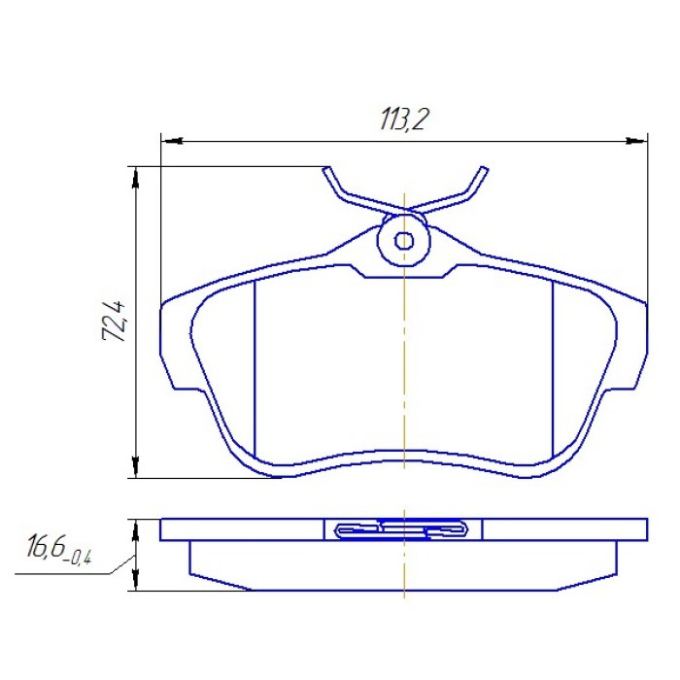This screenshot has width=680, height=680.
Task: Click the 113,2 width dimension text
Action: pyautogui.click(x=404, y=119)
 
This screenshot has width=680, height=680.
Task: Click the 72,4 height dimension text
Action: pyautogui.click(x=115, y=321)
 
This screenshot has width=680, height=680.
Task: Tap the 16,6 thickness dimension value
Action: pyautogui.click(x=46, y=546)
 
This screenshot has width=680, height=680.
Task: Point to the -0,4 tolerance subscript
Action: pyautogui.click(x=79, y=557)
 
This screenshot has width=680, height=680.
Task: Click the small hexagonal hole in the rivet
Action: pyautogui.click(x=404, y=241)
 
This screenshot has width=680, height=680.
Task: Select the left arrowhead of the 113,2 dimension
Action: pyautogui.click(x=172, y=141)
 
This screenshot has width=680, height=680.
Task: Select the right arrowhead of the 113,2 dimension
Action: pyautogui.click(x=635, y=141)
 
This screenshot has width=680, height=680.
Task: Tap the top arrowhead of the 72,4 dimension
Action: pyautogui.click(x=136, y=178)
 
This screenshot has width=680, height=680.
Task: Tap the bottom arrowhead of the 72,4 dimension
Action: pyautogui.click(x=136, y=466)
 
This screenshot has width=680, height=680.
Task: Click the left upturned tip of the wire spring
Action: pyautogui.click(x=326, y=170)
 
